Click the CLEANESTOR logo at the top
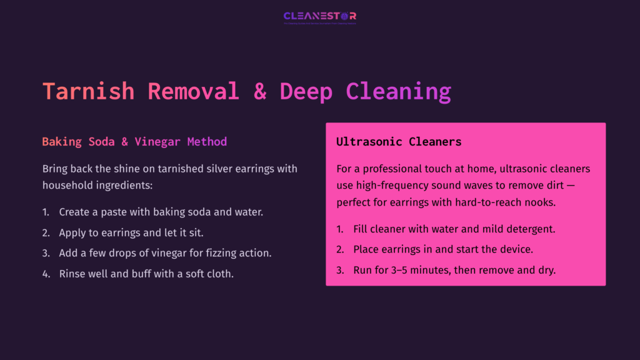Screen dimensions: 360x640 (319, 16)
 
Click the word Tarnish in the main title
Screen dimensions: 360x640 (88, 91)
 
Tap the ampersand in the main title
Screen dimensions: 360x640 (260, 91)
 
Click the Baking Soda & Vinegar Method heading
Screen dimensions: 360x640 (134, 142)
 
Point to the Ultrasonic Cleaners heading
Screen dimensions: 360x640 (399, 142)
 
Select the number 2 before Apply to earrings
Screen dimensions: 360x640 (46, 232)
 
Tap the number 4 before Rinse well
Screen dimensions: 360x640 (46, 274)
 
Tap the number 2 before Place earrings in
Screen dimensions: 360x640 (340, 249)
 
